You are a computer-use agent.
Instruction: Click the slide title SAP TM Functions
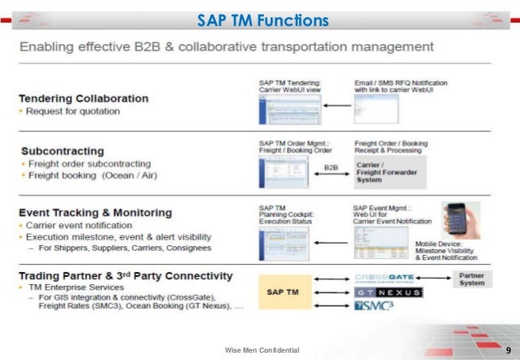[x=262, y=20]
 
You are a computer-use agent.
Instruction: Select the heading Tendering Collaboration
[x=85, y=99]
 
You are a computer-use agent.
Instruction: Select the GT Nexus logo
[x=388, y=292]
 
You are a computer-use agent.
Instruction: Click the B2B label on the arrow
[x=331, y=168]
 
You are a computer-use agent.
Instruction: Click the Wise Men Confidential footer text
[x=262, y=350]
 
